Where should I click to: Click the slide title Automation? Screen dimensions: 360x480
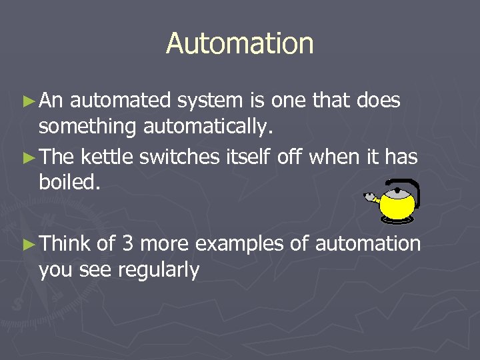[x=239, y=44]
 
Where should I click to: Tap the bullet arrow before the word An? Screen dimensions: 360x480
[x=28, y=101]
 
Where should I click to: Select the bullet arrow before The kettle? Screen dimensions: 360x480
[x=28, y=157]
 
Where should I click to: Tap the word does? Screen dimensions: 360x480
[x=378, y=101]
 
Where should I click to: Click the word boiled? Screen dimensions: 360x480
[x=70, y=182]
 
